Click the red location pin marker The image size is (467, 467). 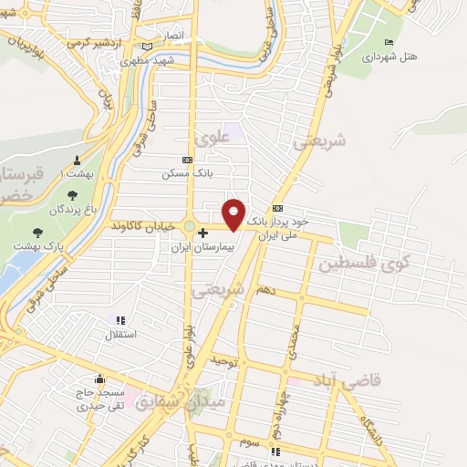[234, 214]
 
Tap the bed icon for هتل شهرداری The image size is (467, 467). [389, 42]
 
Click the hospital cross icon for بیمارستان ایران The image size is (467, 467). [202, 233]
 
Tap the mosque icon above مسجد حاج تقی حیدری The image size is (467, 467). [99, 379]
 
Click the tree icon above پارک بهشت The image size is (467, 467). [37, 233]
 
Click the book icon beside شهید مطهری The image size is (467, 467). [148, 47]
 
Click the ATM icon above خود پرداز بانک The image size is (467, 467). [278, 208]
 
